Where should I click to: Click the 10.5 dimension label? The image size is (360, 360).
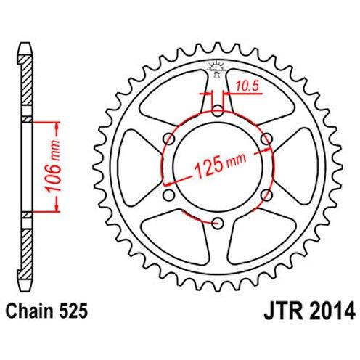[x=247, y=86]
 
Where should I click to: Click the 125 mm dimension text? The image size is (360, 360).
[x=220, y=165]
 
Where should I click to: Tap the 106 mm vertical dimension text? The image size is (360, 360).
[x=54, y=167]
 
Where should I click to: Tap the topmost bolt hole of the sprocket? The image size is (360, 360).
[x=217, y=110]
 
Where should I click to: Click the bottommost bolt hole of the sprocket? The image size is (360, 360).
[x=217, y=223]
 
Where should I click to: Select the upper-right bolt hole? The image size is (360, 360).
[x=266, y=139]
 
